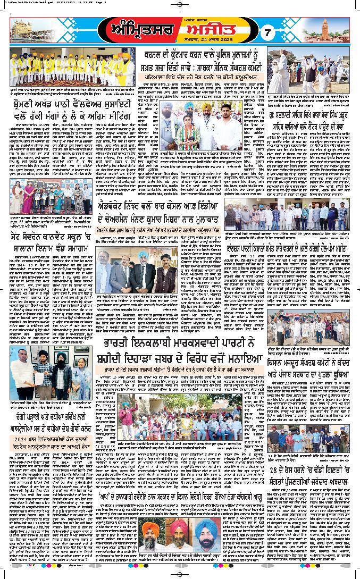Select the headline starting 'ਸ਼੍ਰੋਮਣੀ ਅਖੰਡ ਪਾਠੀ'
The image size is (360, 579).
pyautogui.click(x=66, y=107)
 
